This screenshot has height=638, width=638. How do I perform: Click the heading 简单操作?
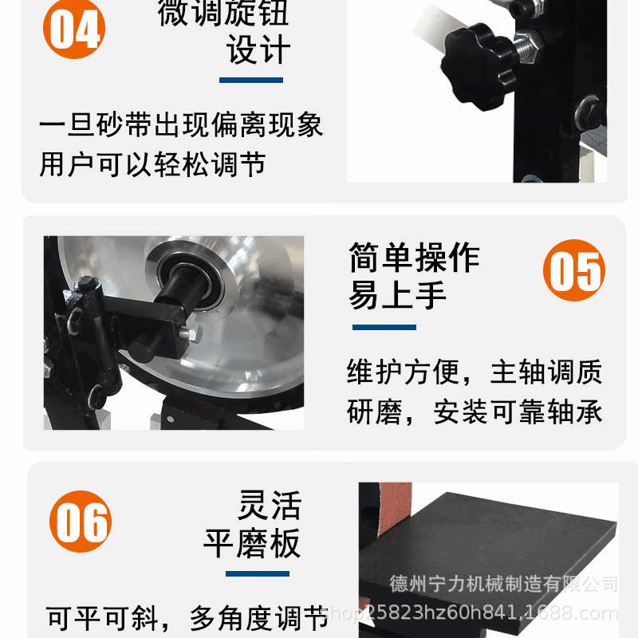tap(414, 258)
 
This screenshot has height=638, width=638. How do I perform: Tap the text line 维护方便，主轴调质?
tap(474, 372)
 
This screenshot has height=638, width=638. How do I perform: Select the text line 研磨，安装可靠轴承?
tap(474, 412)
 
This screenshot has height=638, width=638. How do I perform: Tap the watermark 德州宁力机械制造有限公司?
tap(503, 585)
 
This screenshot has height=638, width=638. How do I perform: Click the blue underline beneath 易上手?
tap(384, 327)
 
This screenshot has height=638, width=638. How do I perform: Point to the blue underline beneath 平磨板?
tap(257, 573)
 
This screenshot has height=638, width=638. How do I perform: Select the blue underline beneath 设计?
tap(251, 80)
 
